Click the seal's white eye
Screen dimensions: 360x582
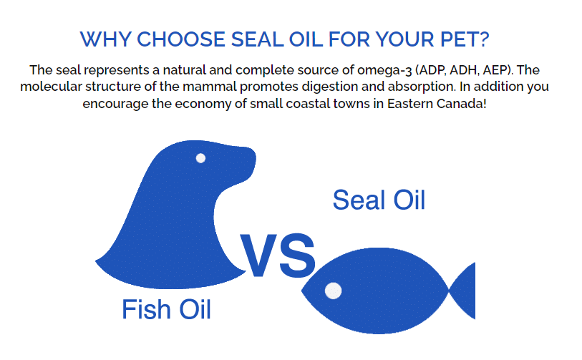pyautogui.click(x=200, y=158)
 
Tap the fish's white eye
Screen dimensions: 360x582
pyautogui.click(x=334, y=291)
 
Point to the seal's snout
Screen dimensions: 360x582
pyautogui.click(x=247, y=161)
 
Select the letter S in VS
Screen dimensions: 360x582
pyautogui.click(x=298, y=256)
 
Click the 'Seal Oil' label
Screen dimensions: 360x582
pyautogui.click(x=379, y=200)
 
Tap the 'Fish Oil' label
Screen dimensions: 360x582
pyautogui.click(x=166, y=309)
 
